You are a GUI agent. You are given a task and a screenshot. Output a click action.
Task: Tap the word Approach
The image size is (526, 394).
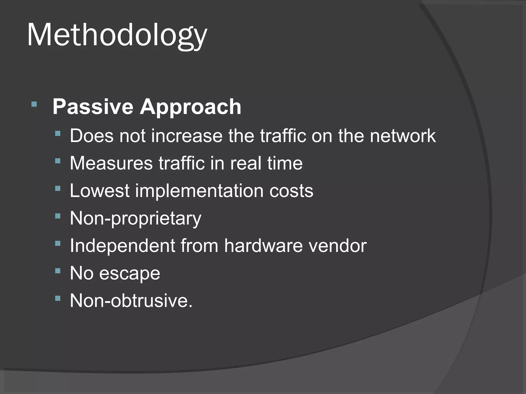pyautogui.click(x=190, y=107)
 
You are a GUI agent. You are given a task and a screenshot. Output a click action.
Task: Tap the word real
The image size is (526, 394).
pyautogui.click(x=246, y=163)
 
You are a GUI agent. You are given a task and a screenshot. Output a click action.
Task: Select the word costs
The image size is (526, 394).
pyautogui.click(x=291, y=191)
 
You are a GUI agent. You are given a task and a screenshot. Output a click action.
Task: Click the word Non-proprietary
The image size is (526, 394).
pyautogui.click(x=136, y=219)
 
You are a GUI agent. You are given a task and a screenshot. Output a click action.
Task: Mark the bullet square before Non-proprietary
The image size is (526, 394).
pyautogui.click(x=58, y=216)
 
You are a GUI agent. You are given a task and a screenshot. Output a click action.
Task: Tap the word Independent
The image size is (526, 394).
pyautogui.click(x=123, y=245)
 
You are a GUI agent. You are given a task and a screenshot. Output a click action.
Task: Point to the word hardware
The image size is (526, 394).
pyautogui.click(x=263, y=245)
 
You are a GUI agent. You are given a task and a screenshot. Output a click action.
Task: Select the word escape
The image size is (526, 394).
pyautogui.click(x=130, y=273)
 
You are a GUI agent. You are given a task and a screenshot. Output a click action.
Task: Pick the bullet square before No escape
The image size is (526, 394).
pyautogui.click(x=58, y=271)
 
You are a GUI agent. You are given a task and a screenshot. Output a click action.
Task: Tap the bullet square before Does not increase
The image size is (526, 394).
pyautogui.click(x=58, y=133)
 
